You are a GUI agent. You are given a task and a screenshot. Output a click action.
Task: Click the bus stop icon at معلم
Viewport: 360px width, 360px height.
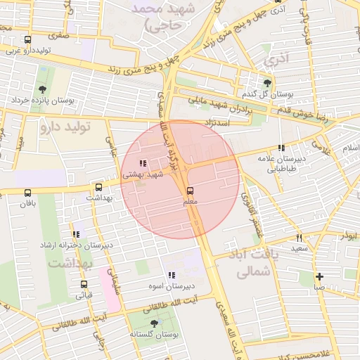pyautogui.click(x=190, y=191)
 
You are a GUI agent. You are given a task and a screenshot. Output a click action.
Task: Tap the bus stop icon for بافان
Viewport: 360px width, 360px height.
pyautogui.click(x=27, y=193)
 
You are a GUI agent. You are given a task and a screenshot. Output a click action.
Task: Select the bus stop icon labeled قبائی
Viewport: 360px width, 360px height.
pyautogui.click(x=84, y=285)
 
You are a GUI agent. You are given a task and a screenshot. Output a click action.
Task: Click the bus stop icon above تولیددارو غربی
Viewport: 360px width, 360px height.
pyautogui.click(x=27, y=40)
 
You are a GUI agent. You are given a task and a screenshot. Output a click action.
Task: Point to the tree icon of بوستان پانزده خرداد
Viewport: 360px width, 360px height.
pyautogui.click(x=44, y=89)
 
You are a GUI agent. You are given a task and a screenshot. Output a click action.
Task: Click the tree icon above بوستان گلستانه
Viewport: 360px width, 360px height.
pyautogui.click(x=154, y=323)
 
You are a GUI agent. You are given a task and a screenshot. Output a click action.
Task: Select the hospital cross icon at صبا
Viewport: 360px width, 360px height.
pyautogui.click(x=319, y=276)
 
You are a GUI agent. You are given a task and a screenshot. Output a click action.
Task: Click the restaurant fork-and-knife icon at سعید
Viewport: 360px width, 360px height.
pyautogui.click(x=300, y=238)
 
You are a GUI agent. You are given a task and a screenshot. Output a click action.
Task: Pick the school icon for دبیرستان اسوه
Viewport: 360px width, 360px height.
pyautogui.click(x=171, y=275)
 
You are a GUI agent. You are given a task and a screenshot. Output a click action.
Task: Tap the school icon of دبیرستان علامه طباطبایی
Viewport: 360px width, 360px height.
pyautogui.click(x=281, y=148)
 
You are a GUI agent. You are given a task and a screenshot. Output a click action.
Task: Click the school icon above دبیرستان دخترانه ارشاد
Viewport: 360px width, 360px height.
pyautogui.click(x=76, y=234)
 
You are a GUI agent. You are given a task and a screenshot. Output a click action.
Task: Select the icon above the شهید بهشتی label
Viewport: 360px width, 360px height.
pyautogui.click(x=143, y=163)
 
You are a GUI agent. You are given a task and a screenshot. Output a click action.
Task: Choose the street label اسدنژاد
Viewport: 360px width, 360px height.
pyautogui.click(x=217, y=122)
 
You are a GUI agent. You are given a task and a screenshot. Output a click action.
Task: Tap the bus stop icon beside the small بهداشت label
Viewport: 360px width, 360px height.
pyautogui.click(x=98, y=188)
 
